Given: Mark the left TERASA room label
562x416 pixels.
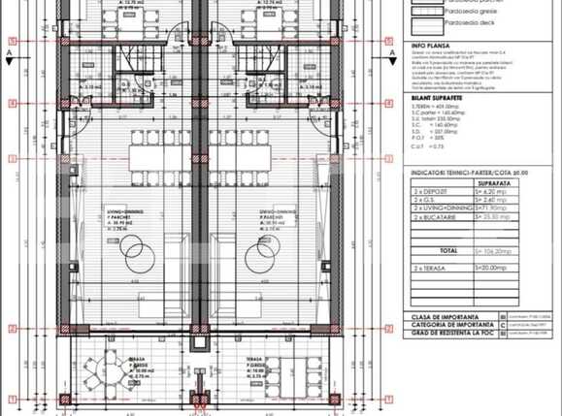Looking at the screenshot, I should (x=141, y=360).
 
